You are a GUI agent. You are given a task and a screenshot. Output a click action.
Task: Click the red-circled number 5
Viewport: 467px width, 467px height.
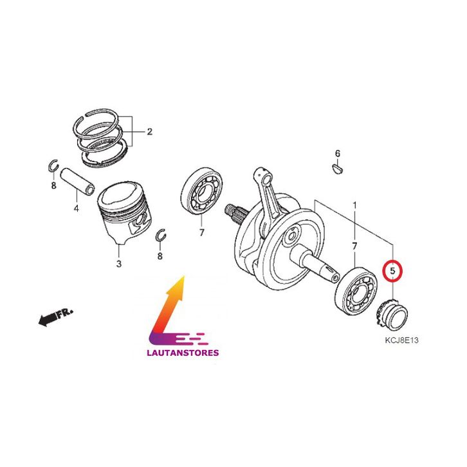[392, 271]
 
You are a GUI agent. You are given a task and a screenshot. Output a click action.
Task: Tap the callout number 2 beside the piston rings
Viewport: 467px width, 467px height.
[149, 131]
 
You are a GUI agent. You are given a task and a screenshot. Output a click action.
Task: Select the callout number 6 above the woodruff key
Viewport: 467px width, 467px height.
[338, 154]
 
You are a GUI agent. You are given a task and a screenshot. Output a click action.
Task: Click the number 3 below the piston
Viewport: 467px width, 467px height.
[119, 264]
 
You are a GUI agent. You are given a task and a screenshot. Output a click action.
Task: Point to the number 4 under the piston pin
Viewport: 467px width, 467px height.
[77, 208]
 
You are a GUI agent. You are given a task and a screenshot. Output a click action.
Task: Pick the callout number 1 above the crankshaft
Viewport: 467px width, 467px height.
[354, 205]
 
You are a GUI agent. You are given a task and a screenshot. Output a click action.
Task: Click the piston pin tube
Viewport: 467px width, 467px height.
[77, 181]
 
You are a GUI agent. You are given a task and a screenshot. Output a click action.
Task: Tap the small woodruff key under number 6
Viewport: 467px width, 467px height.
[338, 169]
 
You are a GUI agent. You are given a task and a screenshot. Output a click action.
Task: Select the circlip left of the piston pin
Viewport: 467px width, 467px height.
[53, 165]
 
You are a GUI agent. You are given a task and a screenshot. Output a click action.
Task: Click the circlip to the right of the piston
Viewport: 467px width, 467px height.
[161, 235]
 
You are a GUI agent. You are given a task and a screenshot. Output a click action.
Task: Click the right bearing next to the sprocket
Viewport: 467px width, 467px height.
[356, 291]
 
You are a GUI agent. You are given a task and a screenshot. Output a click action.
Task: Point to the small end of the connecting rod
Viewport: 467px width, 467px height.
[266, 177]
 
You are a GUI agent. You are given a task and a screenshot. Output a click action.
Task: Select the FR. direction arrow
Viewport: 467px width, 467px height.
[55, 317]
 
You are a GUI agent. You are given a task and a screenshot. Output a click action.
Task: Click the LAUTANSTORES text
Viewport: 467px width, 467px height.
[183, 353]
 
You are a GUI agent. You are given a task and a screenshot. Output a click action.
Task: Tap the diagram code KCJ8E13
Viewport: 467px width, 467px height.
[401, 340]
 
